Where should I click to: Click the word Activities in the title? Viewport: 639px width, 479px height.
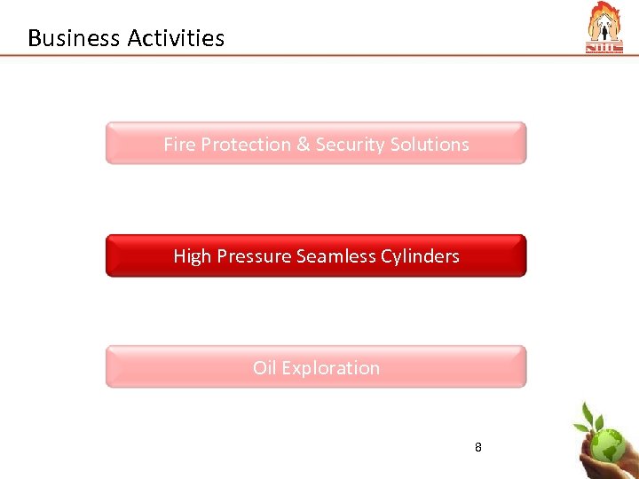pos(176,38)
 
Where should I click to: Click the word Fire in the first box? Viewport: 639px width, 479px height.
pos(179,144)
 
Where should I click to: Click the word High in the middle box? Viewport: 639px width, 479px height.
pos(192,256)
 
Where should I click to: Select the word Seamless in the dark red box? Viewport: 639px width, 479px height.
pos(335,256)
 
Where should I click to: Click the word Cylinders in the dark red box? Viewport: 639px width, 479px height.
pos(420,256)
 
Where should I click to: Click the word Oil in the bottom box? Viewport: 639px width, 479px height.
pos(264,367)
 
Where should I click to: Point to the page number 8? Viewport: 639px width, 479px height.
pos(478,447)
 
